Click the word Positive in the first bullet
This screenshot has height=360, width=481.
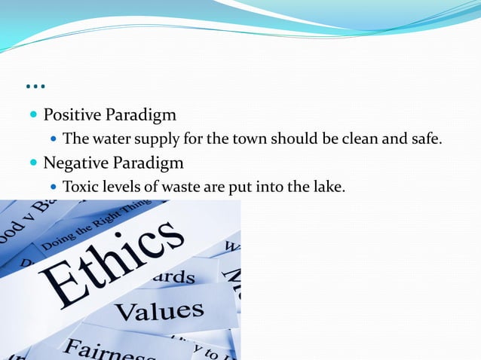(72, 115)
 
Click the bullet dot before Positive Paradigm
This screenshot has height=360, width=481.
(33, 116)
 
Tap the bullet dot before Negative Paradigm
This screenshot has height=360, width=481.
(33, 163)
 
